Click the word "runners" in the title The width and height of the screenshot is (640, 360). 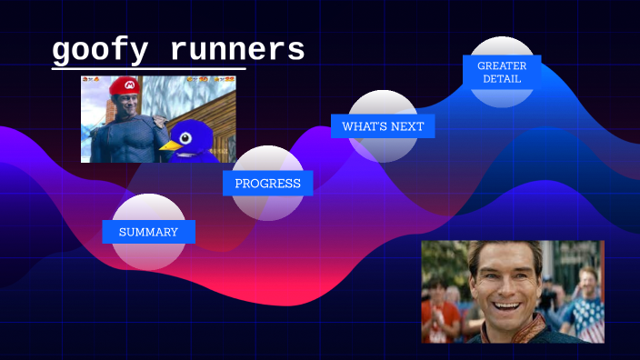point(237,51)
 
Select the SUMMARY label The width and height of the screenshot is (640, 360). point(148,232)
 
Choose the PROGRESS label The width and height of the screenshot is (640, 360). point(267,183)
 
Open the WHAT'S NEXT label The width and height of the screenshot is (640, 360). point(383,126)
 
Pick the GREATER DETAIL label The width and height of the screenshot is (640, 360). point(502,72)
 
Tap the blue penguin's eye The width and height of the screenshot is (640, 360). point(186,137)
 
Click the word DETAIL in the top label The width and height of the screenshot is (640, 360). point(502,79)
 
